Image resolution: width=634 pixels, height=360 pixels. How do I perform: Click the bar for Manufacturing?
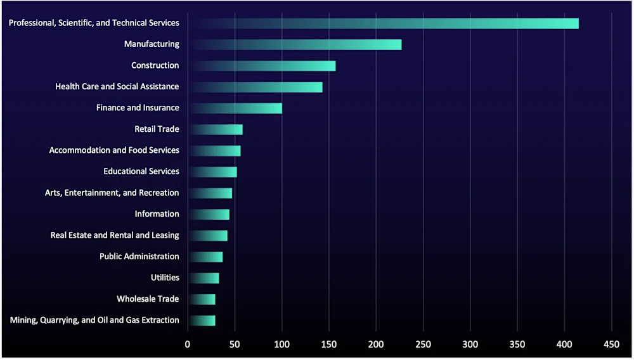tap(295, 44)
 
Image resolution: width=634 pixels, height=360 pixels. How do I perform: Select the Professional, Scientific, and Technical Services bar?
tap(384, 23)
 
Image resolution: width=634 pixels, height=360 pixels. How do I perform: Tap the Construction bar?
tap(262, 66)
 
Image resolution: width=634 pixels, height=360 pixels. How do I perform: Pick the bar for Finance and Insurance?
tap(236, 108)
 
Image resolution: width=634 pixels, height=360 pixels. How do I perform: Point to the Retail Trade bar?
tap(216, 130)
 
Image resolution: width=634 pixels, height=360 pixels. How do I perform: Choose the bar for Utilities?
tap(204, 278)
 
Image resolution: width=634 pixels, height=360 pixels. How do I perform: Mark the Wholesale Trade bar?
tap(202, 299)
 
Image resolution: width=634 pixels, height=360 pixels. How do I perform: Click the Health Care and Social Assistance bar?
tap(256, 87)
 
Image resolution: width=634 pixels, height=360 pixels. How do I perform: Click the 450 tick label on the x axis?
tap(611, 344)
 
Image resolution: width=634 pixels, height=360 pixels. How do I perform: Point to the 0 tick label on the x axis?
tap(188, 344)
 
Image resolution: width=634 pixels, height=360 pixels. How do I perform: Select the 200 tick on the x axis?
tap(376, 344)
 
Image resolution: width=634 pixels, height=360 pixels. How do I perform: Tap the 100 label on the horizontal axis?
tap(281, 344)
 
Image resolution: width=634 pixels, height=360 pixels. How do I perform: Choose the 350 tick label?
tap(517, 344)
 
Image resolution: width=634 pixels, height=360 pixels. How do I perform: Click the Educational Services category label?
tap(141, 172)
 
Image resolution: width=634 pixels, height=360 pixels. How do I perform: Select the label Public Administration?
tap(139, 257)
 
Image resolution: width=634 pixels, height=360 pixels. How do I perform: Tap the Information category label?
tap(157, 214)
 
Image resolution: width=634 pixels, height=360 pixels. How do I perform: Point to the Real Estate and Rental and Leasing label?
tap(115, 235)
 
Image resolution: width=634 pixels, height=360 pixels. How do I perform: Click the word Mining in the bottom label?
tap(23, 320)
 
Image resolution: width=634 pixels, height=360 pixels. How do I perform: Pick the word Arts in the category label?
tap(53, 193)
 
